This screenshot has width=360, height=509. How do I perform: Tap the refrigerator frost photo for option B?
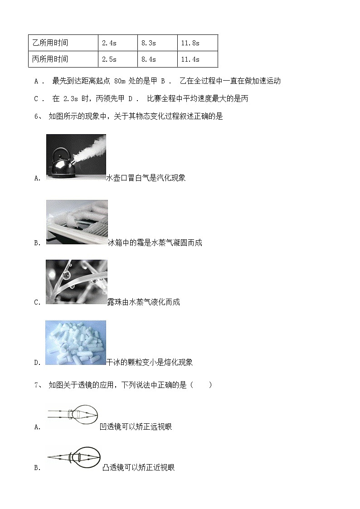click(x=77, y=222)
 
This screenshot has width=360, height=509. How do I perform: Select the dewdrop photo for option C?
click(x=77, y=282)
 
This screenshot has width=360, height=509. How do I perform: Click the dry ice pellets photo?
click(x=76, y=343)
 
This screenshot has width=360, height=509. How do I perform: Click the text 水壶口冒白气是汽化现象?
click(x=146, y=178)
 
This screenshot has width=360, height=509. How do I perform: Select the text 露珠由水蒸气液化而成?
click(x=144, y=302)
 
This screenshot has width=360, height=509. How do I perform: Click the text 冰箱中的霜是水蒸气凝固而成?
click(x=155, y=243)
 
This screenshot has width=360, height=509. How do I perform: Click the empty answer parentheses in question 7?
click(x=202, y=385)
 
